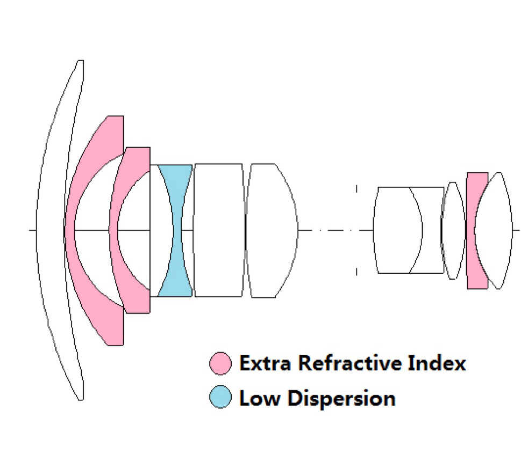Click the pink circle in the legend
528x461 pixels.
pyautogui.click(x=221, y=363)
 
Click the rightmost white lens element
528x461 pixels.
pyautogui.click(x=497, y=230)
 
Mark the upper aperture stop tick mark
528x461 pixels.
pyautogui.click(x=356, y=188)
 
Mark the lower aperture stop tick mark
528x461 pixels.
pyautogui.click(x=356, y=272)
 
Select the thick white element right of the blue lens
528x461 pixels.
pyautogui.click(x=218, y=230)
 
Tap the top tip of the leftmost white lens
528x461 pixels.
pyautogui.click(x=81, y=62)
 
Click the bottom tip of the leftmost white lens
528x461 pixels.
pyautogui.click(x=81, y=398)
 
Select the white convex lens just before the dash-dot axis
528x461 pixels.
pyautogui.click(x=272, y=230)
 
